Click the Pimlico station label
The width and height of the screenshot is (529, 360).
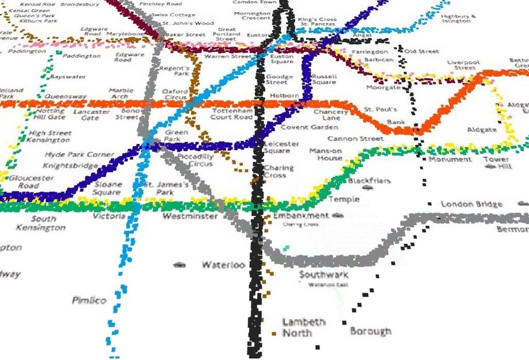(x=89, y=301)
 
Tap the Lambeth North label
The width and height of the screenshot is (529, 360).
(x=303, y=327)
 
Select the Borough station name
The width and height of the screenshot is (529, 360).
(x=371, y=332)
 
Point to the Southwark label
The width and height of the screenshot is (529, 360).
(x=323, y=275)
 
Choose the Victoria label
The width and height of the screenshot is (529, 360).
(x=109, y=216)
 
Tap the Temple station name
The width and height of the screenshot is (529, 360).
(x=343, y=200)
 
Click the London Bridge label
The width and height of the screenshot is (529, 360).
(x=472, y=205)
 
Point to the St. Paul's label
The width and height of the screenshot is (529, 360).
(x=380, y=110)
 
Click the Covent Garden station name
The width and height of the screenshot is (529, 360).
(x=309, y=128)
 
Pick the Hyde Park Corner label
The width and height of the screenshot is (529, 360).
(x=79, y=155)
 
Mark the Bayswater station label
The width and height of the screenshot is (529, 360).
(x=68, y=77)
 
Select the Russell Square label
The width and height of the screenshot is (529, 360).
(x=324, y=79)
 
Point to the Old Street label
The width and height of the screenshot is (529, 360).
(x=421, y=52)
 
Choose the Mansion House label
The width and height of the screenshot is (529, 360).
(x=326, y=154)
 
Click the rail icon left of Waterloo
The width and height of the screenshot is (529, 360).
(x=178, y=265)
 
